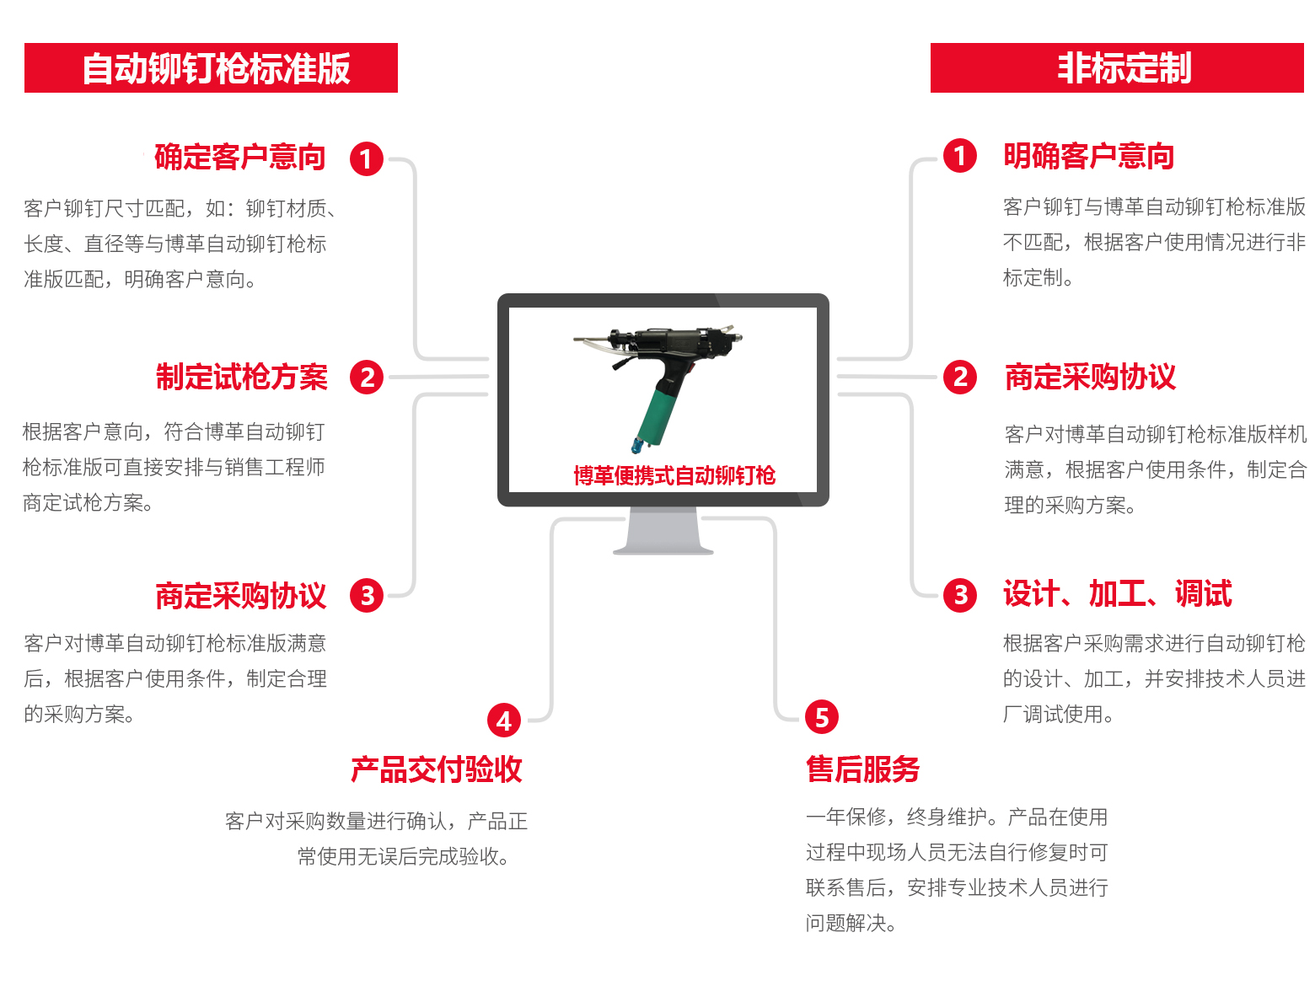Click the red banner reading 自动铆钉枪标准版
coord(211,68)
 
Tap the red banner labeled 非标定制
coord(1117,68)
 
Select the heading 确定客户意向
coord(240,158)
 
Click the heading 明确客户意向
coord(1088,157)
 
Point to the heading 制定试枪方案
coord(242,378)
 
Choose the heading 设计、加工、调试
coord(1117,594)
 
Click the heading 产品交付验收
coord(436,769)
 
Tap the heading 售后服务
coord(862,769)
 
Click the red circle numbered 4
coord(504,721)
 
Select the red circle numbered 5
coord(822,717)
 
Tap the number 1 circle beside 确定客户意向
coord(367,158)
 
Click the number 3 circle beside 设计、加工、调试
coord(960,595)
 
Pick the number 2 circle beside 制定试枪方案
coord(367,378)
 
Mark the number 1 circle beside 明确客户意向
coord(960,156)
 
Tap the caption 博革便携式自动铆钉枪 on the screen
coord(674,476)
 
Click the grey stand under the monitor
coord(663,532)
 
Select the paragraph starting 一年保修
coord(957,870)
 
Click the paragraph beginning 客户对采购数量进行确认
coord(376,839)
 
